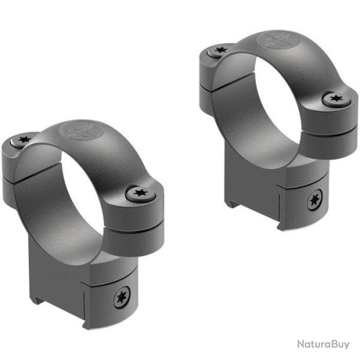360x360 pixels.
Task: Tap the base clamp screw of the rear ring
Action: point(314,200)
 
